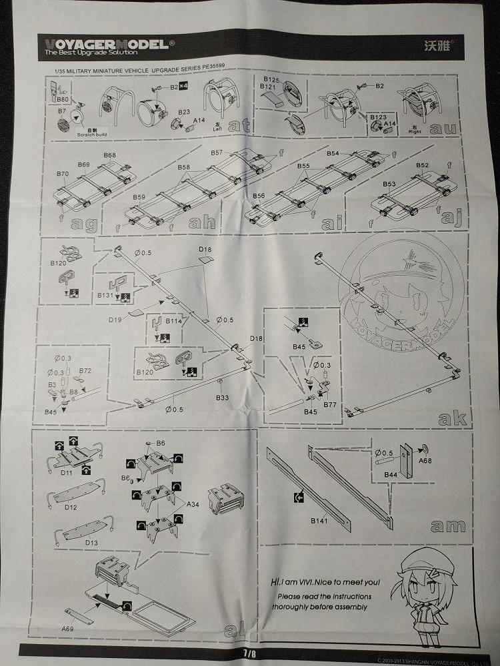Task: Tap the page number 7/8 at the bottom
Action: click(x=249, y=653)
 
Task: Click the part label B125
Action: click(x=271, y=80)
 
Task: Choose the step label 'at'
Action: click(x=238, y=125)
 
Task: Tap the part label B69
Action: click(x=83, y=164)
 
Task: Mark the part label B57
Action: click(x=217, y=153)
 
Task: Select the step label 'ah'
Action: click(x=202, y=222)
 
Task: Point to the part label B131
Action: click(x=105, y=295)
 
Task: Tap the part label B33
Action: click(x=222, y=398)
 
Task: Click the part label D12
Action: click(x=71, y=507)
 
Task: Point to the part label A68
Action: click(x=424, y=460)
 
